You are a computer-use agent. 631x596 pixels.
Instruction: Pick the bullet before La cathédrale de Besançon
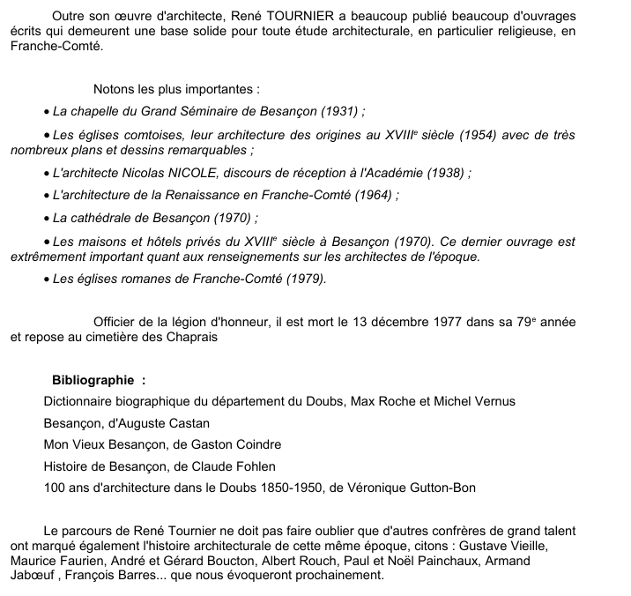point(47,218)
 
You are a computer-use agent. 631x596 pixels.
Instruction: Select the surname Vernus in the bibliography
point(494,401)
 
